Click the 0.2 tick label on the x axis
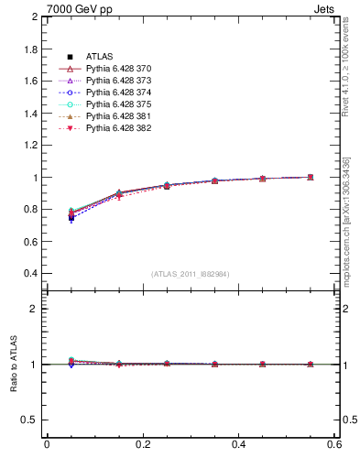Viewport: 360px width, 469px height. [x=142, y=444]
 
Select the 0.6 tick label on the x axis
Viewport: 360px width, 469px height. [x=334, y=444]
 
